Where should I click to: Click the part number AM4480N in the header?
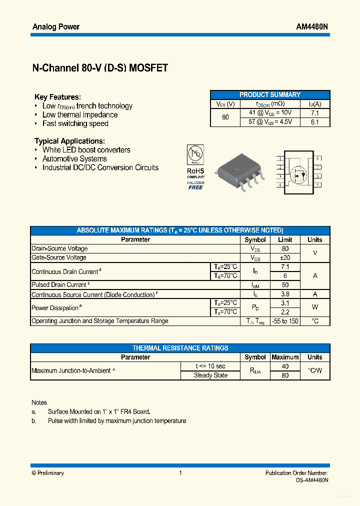click(312, 26)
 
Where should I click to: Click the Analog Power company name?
click(56, 26)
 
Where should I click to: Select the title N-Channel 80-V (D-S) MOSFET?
click(100, 68)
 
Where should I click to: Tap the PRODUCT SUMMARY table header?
click(270, 94)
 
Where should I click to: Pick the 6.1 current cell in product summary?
click(314, 122)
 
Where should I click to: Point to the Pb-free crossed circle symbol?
click(195, 153)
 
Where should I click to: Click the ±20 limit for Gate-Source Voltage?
click(285, 257)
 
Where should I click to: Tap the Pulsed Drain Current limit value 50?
click(285, 285)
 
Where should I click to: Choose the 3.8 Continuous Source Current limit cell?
click(285, 294)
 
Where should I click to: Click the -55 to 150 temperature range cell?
click(285, 321)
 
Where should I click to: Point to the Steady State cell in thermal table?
click(210, 375)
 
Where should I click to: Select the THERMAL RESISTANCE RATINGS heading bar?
click(180, 348)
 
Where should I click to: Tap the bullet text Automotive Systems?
click(74, 159)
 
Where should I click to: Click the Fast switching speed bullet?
click(75, 123)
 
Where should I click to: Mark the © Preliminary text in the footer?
click(47, 473)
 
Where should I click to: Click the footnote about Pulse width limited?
click(116, 421)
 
